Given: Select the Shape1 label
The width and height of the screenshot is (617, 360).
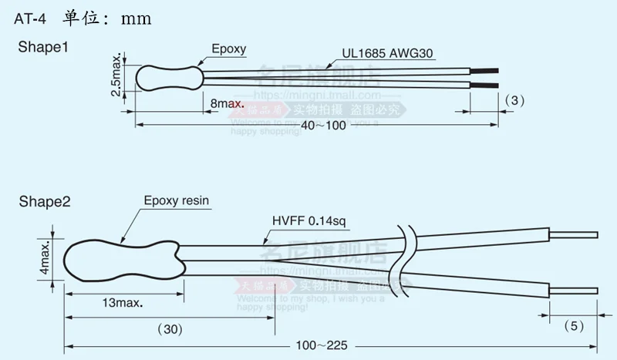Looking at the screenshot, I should pyautogui.click(x=43, y=47).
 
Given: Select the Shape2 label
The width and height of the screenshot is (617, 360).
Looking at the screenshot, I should pyautogui.click(x=45, y=203).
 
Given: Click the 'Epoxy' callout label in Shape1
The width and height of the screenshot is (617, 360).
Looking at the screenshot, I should pyautogui.click(x=228, y=49).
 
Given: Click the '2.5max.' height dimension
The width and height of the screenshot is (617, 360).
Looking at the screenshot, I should pyautogui.click(x=116, y=76).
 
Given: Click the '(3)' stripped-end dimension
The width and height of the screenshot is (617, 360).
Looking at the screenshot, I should pyautogui.click(x=514, y=100).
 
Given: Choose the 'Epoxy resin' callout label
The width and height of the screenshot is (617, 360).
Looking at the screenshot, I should pyautogui.click(x=177, y=202).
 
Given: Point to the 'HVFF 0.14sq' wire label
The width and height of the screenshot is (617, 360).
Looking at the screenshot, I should pyautogui.click(x=310, y=222).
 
